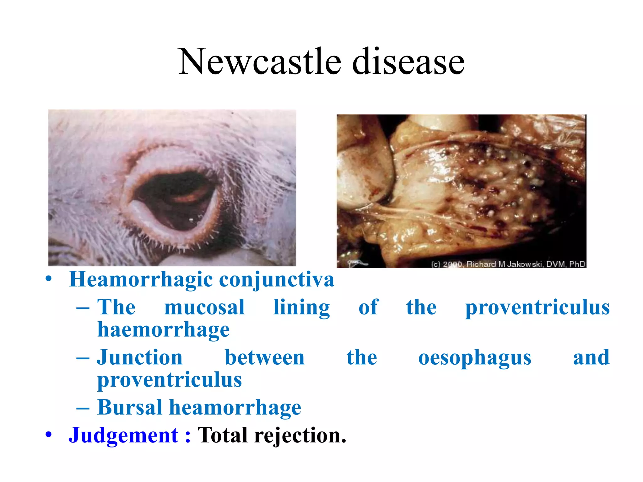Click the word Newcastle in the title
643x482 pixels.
(259, 62)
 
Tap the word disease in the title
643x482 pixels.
(408, 62)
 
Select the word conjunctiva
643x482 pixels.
(277, 279)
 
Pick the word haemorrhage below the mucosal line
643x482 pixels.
(164, 329)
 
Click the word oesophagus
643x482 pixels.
(475, 358)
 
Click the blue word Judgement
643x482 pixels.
(123, 436)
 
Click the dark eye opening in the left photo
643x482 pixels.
(173, 201)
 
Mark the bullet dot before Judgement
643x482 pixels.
(48, 435)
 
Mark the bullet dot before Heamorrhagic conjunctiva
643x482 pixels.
(48, 279)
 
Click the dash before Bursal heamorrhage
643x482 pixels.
(83, 408)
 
